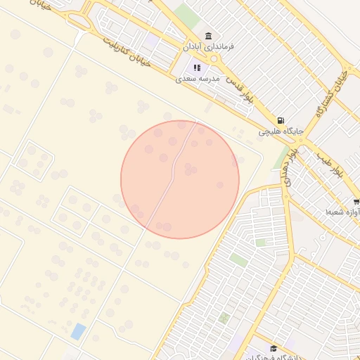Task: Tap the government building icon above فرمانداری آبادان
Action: pyautogui.click(x=208, y=36)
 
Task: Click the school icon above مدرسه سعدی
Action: pyautogui.click(x=197, y=68)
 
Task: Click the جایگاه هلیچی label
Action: pyautogui.click(x=281, y=131)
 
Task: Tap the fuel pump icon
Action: pyautogui.click(x=281, y=121)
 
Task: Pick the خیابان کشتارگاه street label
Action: pyautogui.click(x=334, y=91)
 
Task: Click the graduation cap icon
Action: pyautogui.click(x=273, y=348)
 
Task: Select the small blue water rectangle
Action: pyautogui.click(x=78, y=331)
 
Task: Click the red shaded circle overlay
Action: pyautogui.click(x=180, y=179)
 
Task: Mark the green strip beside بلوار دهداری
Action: pyautogui.click(x=282, y=159)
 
